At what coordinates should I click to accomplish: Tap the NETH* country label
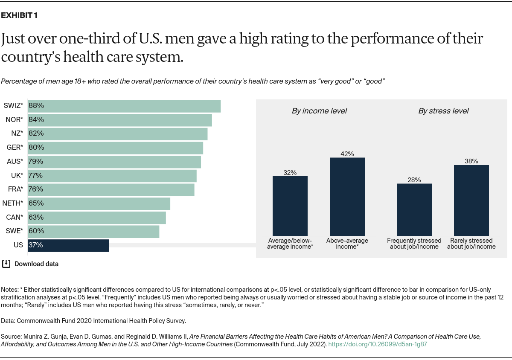13,203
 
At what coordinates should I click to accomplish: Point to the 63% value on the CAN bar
36,217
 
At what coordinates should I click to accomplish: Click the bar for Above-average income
347,197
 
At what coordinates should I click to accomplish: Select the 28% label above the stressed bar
414,180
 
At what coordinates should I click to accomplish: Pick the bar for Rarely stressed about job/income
471,200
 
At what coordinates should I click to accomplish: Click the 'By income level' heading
319,111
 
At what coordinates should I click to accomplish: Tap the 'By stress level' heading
443,111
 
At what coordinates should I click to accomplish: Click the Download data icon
6,264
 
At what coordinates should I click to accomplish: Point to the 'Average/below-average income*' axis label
290,244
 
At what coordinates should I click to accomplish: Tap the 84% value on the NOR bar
36,119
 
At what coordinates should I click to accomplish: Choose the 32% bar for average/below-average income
290,206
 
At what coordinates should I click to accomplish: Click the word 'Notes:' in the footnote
10,289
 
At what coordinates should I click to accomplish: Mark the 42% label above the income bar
347,154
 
